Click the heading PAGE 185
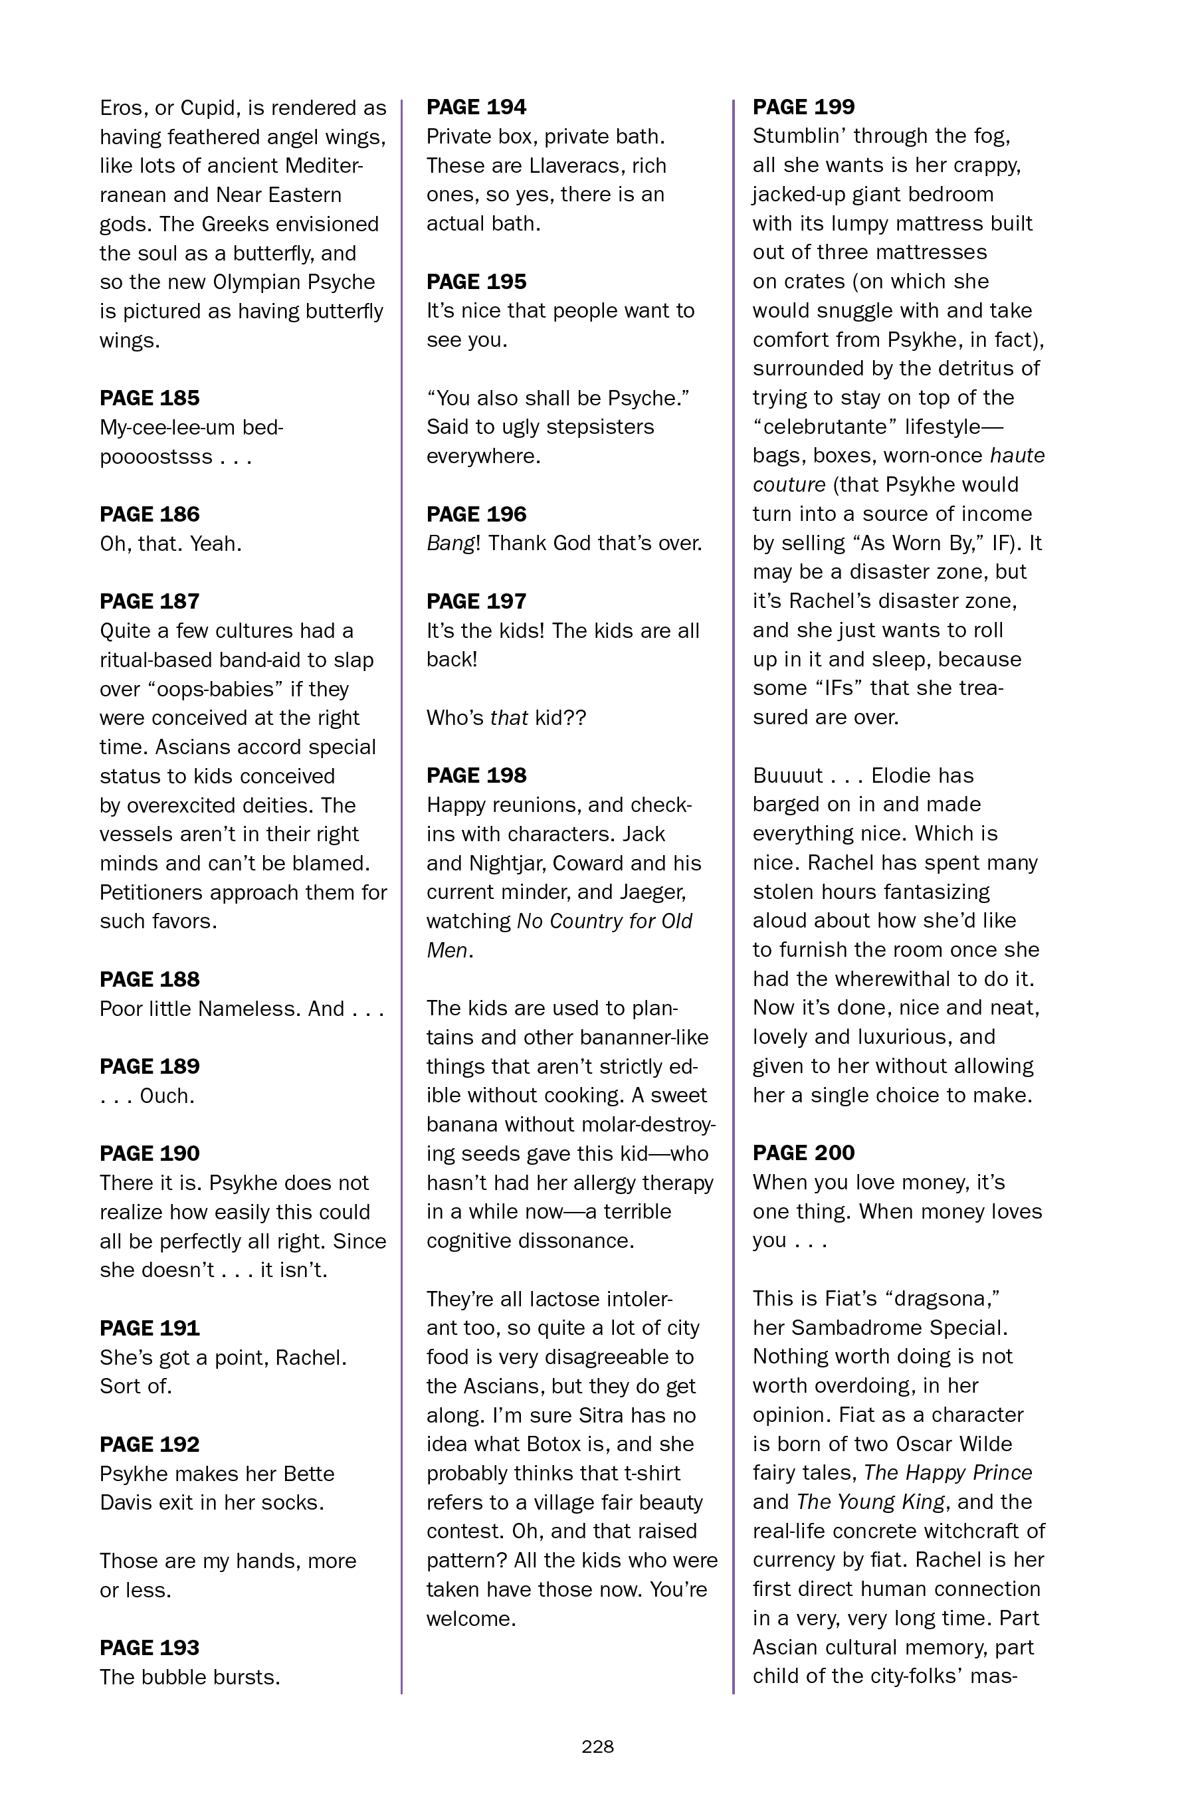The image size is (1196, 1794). pos(149,398)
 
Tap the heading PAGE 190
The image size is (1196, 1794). pos(149,1153)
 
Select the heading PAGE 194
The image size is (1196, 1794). pos(476,107)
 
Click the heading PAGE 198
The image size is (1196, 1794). pos(476,775)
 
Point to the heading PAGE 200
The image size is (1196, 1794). pos(803,1153)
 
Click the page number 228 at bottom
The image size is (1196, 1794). pos(597,1747)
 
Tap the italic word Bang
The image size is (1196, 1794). pos(449,543)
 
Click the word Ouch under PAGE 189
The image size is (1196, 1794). pos(167,1096)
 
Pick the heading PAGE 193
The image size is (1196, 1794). pos(149,1648)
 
